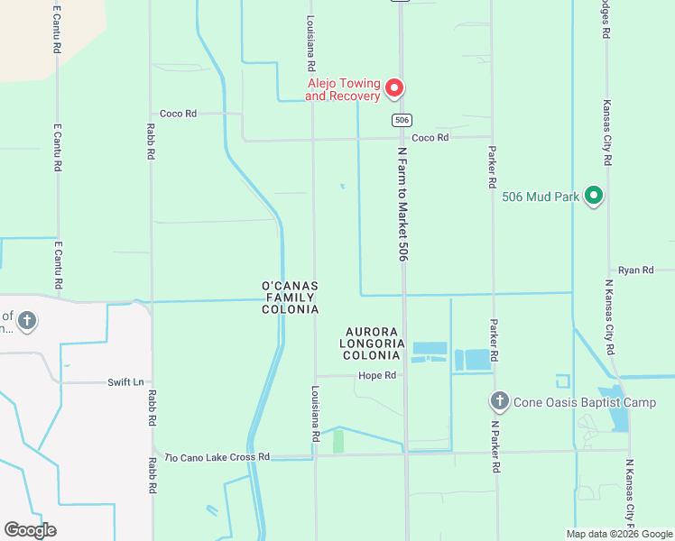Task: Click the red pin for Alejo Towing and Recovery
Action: pyautogui.click(x=394, y=87)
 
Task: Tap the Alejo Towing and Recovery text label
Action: pyautogui.click(x=343, y=88)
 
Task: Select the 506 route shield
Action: pyautogui.click(x=402, y=120)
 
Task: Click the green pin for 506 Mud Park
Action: pyautogui.click(x=594, y=194)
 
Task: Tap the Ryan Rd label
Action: pyautogui.click(x=635, y=270)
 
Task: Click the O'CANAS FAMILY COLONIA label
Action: pyautogui.click(x=290, y=298)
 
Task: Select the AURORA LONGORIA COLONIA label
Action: pyautogui.click(x=372, y=344)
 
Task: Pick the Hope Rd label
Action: pyautogui.click(x=377, y=375)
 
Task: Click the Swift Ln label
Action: pyautogui.click(x=125, y=382)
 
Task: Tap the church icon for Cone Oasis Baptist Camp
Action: pyautogui.click(x=499, y=400)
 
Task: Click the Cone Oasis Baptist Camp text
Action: pyautogui.click(x=584, y=402)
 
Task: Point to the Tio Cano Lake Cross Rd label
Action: pyautogui.click(x=217, y=457)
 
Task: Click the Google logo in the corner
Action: pyautogui.click(x=30, y=530)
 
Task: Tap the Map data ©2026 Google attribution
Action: pyautogui.click(x=619, y=534)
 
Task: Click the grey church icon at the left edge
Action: pyautogui.click(x=27, y=320)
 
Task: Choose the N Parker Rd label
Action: pyautogui.click(x=495, y=446)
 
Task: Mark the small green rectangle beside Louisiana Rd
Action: pyautogui.click(x=338, y=441)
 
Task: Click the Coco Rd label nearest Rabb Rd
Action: pyautogui.click(x=178, y=114)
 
